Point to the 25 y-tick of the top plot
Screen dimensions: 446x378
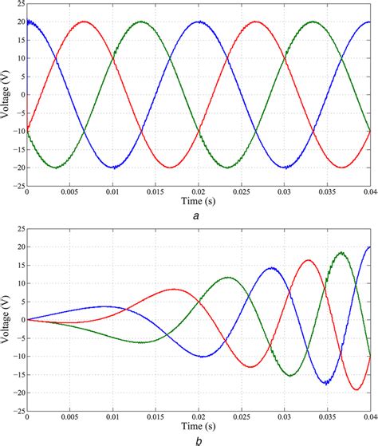18,4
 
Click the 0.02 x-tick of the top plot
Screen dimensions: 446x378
199,192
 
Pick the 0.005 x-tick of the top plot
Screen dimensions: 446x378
70,192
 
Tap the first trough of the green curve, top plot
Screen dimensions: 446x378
56,168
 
